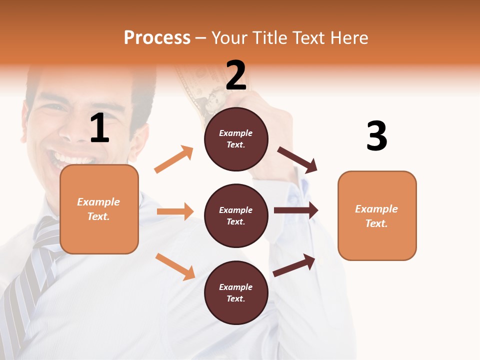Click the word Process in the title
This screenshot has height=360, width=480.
point(157,37)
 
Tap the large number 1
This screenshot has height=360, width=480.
point(99,128)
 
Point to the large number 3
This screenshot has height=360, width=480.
point(376,136)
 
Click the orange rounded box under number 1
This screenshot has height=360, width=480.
point(99,209)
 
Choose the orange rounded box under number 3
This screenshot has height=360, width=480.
point(377,215)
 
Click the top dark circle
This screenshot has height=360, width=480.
point(236,139)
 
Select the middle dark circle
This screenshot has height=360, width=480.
point(236,215)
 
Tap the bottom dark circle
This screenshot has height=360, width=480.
point(236,292)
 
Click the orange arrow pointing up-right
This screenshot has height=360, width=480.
point(174,159)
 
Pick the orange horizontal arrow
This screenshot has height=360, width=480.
point(175,211)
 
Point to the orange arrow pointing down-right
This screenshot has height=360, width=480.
point(175,266)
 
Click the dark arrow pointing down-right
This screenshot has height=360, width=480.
point(297,160)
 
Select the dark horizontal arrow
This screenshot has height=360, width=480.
point(296,210)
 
